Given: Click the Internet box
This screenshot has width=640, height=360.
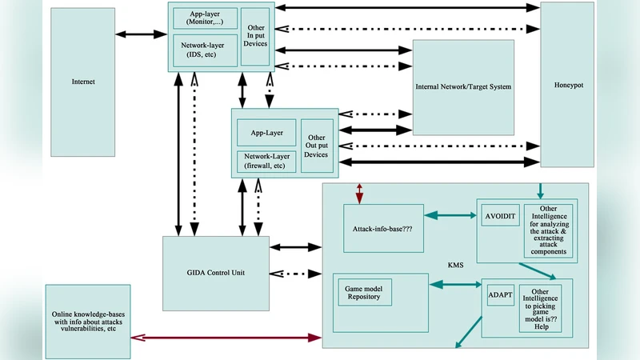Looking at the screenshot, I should (83, 82).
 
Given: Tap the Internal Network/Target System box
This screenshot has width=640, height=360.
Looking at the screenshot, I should (463, 86).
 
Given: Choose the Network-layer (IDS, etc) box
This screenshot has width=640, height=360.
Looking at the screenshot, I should (205, 50).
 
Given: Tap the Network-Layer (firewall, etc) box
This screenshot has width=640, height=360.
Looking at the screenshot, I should (266, 161).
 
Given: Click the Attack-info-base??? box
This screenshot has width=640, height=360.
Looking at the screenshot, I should (383, 227).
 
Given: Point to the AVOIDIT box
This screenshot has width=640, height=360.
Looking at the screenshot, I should (502, 218).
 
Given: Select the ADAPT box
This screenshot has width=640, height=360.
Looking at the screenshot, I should (500, 294).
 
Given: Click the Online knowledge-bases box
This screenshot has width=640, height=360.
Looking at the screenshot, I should (88, 321).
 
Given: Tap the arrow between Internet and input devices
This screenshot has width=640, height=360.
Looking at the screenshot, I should (142, 35).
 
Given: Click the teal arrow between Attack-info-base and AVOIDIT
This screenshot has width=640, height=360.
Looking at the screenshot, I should (450, 216).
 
